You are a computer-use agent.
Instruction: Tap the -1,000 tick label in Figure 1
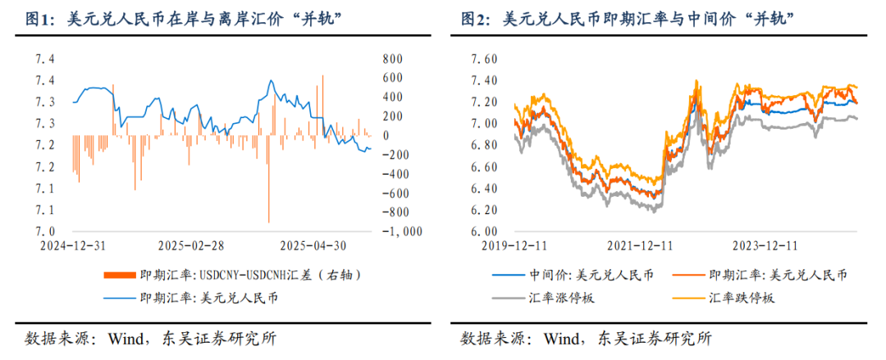[402, 231]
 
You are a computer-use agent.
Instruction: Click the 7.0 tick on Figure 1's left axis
[46, 231]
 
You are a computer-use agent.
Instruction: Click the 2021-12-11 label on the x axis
[641, 245]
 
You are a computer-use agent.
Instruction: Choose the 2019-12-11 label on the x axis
[514, 245]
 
